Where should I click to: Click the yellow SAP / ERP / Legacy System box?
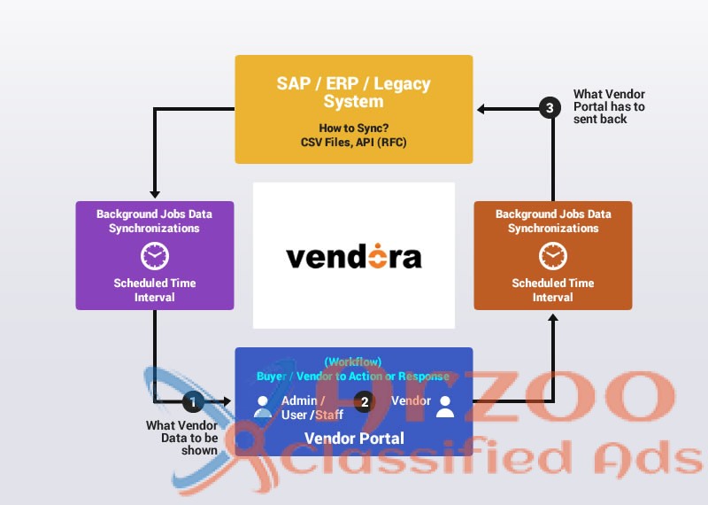(353, 109)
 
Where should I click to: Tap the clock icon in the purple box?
(155, 256)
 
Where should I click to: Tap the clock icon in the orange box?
(553, 256)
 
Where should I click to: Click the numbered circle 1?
(193, 402)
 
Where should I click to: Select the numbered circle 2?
(365, 402)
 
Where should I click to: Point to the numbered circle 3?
(550, 109)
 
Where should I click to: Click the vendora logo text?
(353, 257)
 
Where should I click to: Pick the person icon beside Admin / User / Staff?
(262, 407)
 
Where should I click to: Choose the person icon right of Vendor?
(444, 407)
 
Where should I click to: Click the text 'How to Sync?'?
(353, 128)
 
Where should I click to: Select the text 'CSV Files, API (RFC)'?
(353, 142)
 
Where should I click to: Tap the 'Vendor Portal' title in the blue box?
(354, 439)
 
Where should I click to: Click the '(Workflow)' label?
(353, 361)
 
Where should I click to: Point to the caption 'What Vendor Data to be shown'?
(181, 438)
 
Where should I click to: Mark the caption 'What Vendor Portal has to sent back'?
(609, 106)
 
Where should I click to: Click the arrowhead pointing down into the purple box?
(155, 195)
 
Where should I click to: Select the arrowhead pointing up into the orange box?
(553, 316)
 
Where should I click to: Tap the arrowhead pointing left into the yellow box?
(481, 109)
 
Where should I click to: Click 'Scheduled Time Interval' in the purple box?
(155, 290)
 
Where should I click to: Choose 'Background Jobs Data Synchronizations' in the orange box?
(553, 221)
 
